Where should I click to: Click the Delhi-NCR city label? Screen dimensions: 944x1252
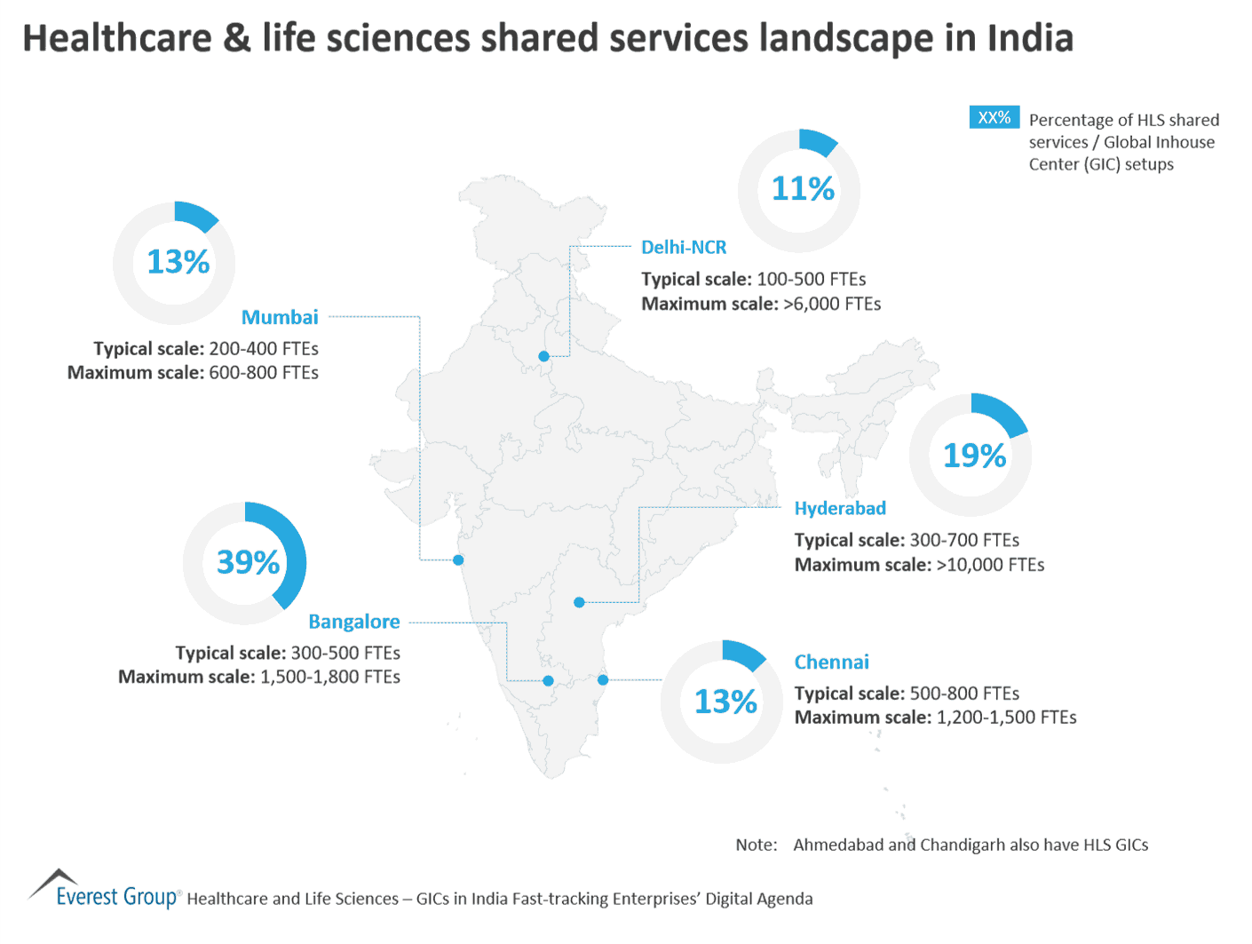coord(683,248)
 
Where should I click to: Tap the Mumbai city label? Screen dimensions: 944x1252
coord(280,317)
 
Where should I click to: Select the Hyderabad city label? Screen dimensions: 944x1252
coord(839,508)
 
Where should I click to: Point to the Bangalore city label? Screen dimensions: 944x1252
coord(353,622)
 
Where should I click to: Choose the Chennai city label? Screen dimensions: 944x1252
coord(831,662)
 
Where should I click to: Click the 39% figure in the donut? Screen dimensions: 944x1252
coord(248,562)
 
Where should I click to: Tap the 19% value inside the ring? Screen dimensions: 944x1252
coord(974,456)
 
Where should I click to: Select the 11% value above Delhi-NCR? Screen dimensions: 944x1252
coord(803,188)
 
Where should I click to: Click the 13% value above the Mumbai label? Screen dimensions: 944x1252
coord(178,262)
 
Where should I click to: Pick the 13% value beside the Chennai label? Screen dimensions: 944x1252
coord(725,702)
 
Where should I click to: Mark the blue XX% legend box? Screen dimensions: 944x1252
coord(994,117)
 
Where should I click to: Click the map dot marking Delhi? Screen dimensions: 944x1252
coord(543,356)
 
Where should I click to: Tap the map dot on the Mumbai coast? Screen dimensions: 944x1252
coord(458,560)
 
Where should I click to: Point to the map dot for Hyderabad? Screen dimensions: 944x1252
coord(579,602)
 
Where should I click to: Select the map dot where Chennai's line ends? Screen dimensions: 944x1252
coord(603,680)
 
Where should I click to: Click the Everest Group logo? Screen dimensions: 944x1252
coord(105,890)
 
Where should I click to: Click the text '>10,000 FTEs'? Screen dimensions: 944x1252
coord(990,565)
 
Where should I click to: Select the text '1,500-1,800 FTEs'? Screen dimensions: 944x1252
coord(329,677)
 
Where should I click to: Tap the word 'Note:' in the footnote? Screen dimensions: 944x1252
coord(756,845)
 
